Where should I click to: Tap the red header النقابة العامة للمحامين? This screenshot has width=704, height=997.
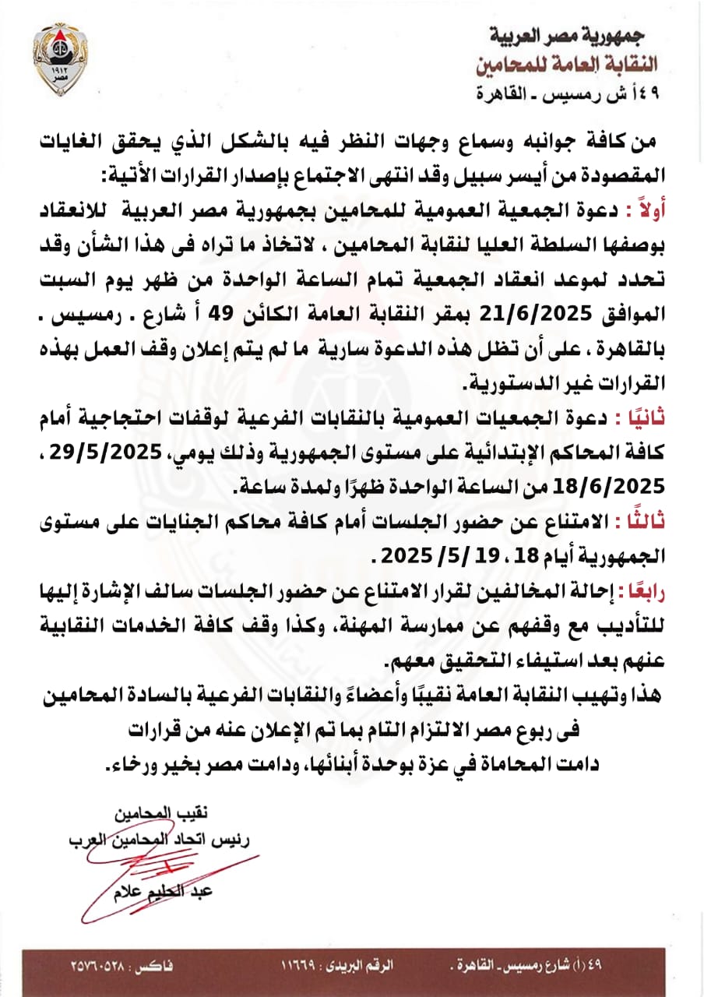tap(577, 63)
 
